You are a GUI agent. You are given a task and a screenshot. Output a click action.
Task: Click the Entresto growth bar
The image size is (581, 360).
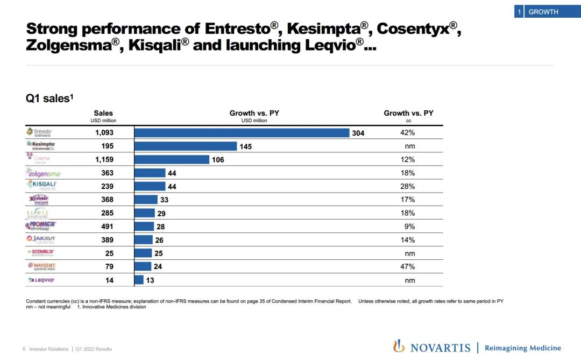coord(242,133)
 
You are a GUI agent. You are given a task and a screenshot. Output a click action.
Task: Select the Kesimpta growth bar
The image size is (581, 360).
coord(186,146)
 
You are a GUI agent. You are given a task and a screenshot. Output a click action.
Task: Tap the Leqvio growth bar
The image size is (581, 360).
coord(139,280)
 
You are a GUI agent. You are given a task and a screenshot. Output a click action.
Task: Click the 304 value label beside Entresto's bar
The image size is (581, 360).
coord(358,133)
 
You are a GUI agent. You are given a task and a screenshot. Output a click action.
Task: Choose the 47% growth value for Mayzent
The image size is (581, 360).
coord(408,266)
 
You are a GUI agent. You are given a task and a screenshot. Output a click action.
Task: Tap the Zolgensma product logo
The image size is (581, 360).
coord(44,173)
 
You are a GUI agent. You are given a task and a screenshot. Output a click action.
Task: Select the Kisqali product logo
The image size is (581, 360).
coord(42,186)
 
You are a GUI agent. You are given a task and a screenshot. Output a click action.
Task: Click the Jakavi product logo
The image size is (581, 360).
coord(41,239)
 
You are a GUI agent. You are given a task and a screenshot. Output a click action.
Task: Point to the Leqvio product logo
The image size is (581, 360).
coord(41,280)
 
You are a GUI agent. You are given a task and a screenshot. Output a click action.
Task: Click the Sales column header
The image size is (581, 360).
coord(103,113)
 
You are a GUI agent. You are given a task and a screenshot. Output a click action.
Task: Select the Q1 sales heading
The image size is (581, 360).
coord(49,98)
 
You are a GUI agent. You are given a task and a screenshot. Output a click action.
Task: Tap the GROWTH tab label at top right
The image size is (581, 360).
coord(543,12)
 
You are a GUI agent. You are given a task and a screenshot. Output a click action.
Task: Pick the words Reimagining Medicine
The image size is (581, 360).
coord(522,348)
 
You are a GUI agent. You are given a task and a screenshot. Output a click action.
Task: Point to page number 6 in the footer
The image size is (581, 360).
coord(24,349)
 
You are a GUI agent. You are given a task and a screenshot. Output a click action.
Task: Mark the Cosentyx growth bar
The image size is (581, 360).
coord(172,160)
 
